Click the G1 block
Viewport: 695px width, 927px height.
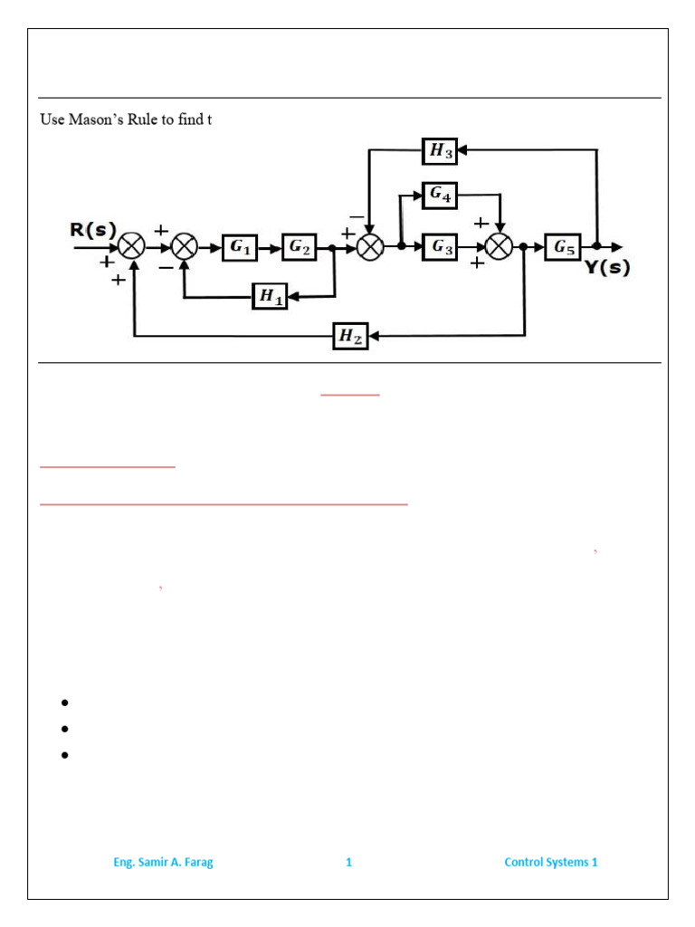240,247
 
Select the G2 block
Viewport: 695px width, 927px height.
300,247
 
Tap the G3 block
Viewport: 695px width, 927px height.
440,247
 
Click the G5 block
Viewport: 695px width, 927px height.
563,246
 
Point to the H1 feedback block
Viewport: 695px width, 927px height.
270,295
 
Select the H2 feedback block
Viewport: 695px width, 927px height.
350,336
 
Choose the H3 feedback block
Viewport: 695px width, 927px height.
440,151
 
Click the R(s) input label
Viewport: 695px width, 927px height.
93,230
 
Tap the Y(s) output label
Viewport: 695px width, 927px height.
606,268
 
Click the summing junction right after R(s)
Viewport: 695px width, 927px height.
133,246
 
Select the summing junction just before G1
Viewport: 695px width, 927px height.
185,246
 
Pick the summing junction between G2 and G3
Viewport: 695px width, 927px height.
369,246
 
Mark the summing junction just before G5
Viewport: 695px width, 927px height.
499,246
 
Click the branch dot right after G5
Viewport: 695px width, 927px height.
597,246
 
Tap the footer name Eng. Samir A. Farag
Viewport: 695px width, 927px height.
163,862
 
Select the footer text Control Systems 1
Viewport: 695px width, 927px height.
550,862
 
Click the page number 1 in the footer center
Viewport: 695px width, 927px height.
348,862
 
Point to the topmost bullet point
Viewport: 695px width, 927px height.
65,702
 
